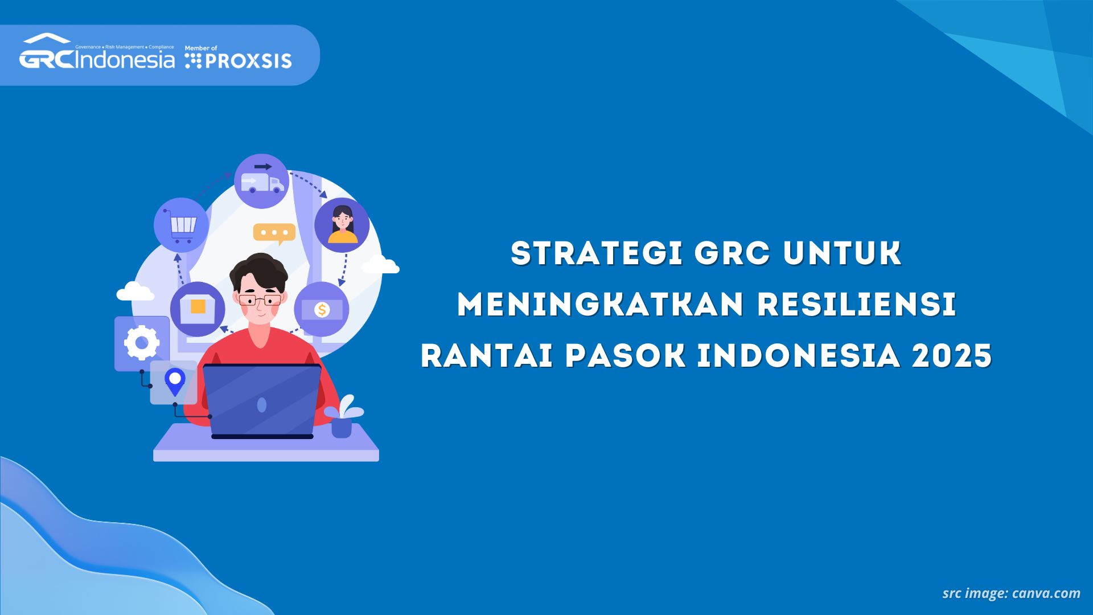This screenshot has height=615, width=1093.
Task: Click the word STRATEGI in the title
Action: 597,253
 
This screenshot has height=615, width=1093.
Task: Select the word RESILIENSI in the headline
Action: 857,305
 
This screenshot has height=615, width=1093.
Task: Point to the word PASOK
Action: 626,356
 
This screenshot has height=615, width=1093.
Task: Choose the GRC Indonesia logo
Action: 97,52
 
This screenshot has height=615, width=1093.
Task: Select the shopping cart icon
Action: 182,226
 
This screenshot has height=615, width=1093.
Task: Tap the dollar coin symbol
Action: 322,310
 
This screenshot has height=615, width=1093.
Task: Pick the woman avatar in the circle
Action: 342,225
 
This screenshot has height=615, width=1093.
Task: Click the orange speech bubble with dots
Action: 274,233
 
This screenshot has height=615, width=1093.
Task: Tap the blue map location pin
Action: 175,382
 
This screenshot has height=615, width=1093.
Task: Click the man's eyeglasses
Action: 260,300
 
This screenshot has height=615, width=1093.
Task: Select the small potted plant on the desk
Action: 343,417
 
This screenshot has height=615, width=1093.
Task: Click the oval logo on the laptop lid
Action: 262,405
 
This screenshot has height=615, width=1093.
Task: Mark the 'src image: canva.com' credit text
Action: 1011,593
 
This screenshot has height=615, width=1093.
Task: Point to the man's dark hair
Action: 259,270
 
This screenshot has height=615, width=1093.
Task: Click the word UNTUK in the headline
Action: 843,253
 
